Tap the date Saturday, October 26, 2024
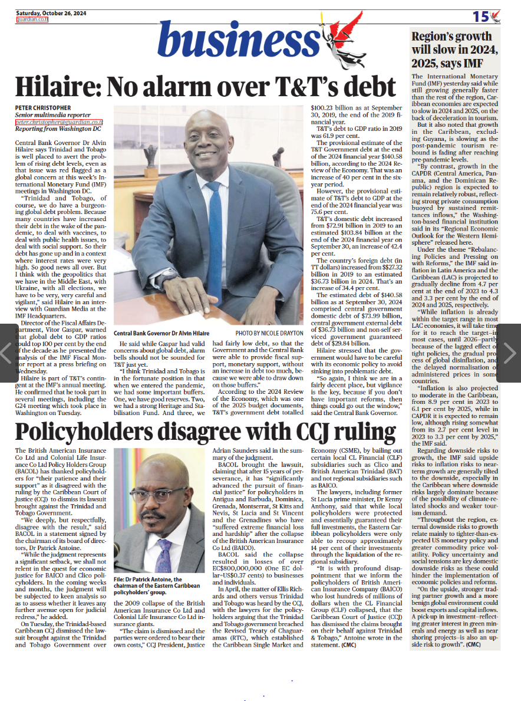click(x=51, y=12)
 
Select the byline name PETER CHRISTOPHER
click(x=42, y=107)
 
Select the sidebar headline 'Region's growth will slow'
click(x=451, y=50)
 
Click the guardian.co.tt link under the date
click(x=32, y=19)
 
